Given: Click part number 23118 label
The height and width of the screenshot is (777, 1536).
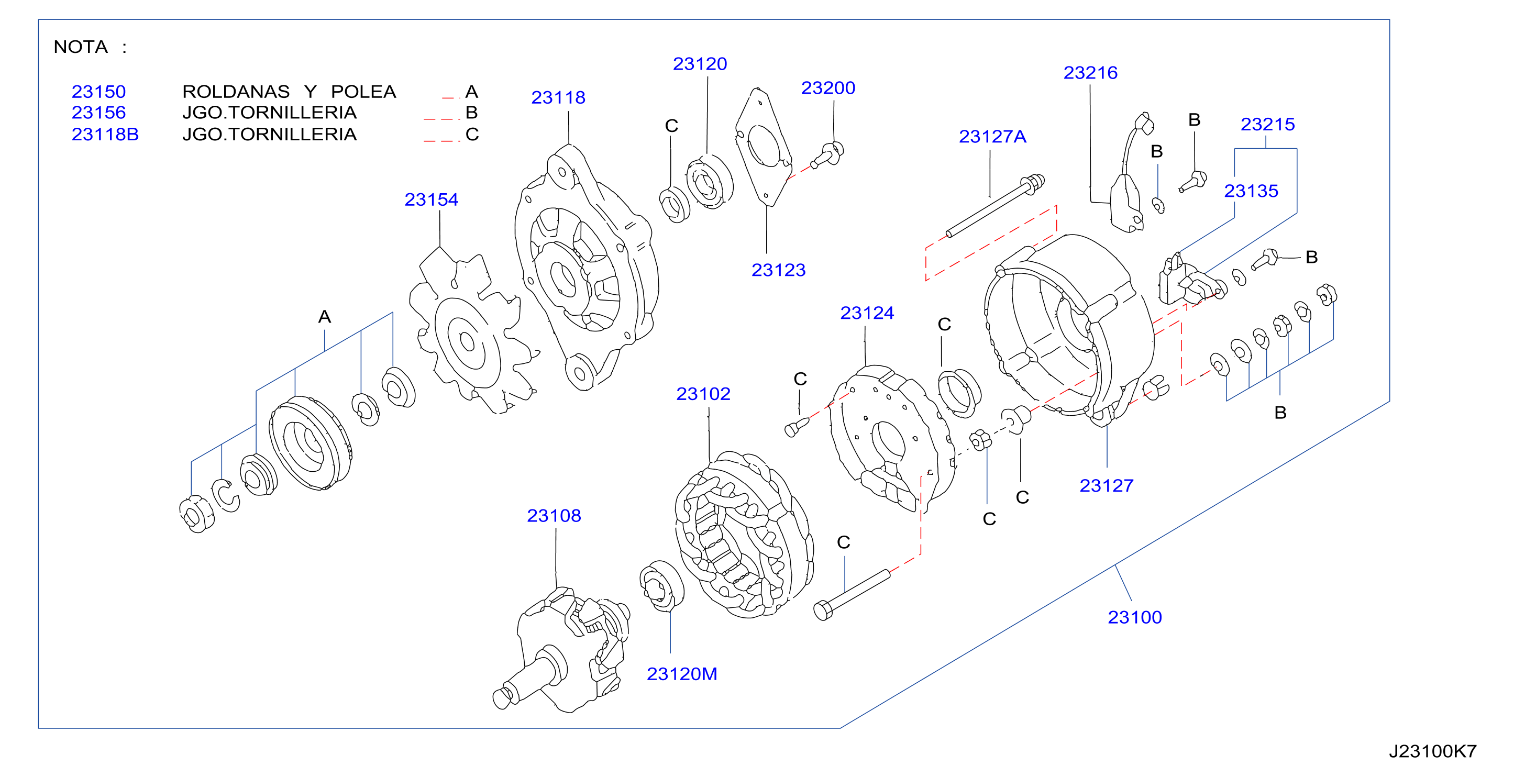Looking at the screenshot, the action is tap(558, 97).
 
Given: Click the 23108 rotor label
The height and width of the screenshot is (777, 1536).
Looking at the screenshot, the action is tap(554, 515).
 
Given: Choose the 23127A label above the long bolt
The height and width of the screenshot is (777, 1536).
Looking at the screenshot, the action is tap(992, 137).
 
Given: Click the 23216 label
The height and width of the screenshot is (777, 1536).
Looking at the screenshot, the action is tap(1090, 73).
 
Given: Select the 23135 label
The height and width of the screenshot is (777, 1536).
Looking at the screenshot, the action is tap(1251, 191).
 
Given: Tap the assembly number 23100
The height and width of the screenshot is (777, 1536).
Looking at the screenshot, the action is tap(1135, 617).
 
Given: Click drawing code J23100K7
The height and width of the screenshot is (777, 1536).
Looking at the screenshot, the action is tap(1432, 751).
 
